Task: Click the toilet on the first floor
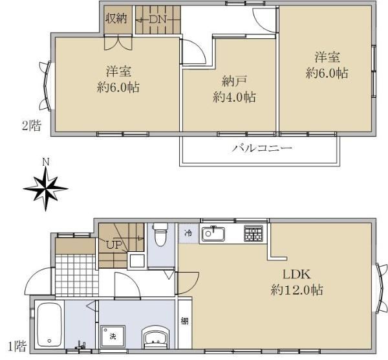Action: point(160,234)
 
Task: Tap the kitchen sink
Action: point(213,234)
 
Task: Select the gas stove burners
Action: point(253,233)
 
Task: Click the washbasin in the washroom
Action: point(156,337)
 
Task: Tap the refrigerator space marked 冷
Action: point(189,233)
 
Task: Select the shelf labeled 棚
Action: point(184,321)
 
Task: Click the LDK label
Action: point(296,275)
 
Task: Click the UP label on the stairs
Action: point(114,245)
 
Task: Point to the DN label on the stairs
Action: point(158,19)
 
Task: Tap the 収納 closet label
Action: point(116,18)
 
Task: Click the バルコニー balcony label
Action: point(262,148)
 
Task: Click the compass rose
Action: point(45,189)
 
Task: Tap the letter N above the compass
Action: point(46,163)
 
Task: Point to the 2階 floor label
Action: point(32,126)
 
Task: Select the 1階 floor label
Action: point(17,346)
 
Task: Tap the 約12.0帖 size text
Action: point(297,289)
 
